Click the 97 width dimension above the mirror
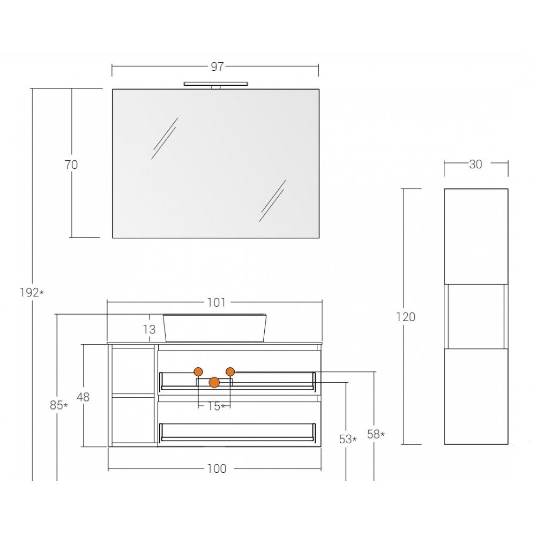click(218, 66)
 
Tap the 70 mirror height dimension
click(71, 165)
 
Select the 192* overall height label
click(32, 293)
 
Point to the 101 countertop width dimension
click(216, 302)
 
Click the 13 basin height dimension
click(149, 330)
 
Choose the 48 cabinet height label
click(83, 397)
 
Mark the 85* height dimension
click(59, 405)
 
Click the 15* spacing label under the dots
click(217, 406)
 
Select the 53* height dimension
click(348, 440)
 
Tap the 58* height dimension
click(376, 435)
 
